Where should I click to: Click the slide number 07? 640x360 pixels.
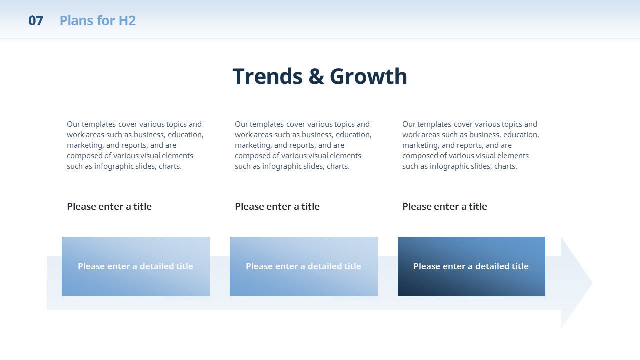click(x=36, y=21)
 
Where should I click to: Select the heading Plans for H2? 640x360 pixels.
click(x=97, y=21)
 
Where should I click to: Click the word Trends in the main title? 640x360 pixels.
click(x=267, y=76)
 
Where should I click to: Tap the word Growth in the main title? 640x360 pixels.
click(x=368, y=76)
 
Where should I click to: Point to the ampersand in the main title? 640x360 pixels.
click(x=316, y=76)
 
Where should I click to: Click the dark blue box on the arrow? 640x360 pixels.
click(x=471, y=266)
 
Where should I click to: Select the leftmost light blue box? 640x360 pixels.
click(x=136, y=266)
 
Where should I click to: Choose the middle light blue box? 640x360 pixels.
click(x=304, y=266)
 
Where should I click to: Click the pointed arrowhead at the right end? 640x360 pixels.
click(x=577, y=283)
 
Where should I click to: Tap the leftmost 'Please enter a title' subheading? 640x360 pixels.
click(x=109, y=206)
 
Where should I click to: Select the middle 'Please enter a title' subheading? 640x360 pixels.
click(x=277, y=206)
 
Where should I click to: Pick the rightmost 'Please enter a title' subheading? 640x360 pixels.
click(x=445, y=206)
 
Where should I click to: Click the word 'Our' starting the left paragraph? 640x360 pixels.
click(x=73, y=124)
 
